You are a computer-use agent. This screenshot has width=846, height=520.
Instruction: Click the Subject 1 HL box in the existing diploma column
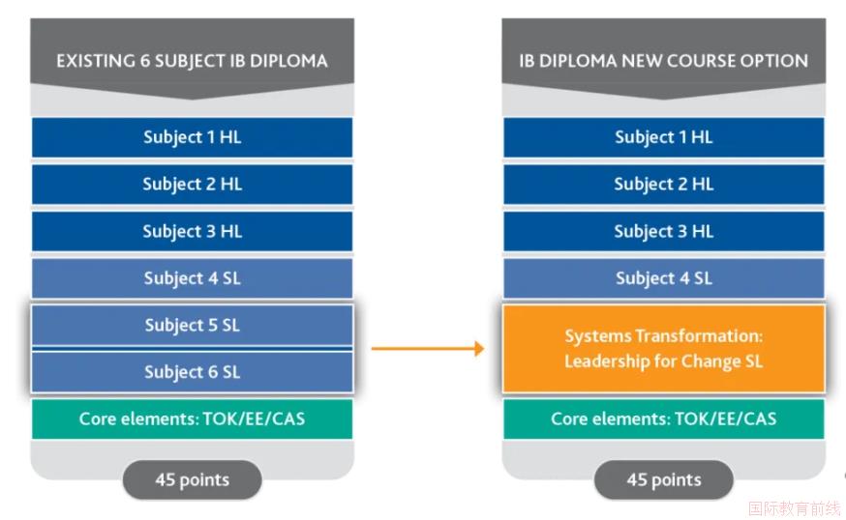pos(192,137)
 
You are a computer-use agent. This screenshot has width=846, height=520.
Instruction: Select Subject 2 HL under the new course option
pos(664,185)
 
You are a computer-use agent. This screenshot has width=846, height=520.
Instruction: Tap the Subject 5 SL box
pos(192,325)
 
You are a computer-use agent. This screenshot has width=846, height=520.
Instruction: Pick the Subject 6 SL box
pos(192,372)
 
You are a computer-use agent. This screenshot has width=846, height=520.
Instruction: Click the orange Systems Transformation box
pos(664,349)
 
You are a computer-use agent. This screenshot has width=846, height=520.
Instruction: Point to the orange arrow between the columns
pos(428,349)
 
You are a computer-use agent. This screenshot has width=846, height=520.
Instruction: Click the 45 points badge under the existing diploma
pos(192,479)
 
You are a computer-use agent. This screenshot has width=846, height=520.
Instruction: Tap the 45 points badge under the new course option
pos(664,479)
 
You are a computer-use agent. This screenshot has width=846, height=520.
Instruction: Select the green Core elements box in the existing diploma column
pos(192,419)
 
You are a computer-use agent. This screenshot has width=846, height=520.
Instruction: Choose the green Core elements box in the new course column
pos(664,419)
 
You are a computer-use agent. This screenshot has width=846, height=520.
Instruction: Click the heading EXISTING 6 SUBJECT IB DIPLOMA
pos(192,61)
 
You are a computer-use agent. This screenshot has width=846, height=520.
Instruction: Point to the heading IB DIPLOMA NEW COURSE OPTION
pos(664,61)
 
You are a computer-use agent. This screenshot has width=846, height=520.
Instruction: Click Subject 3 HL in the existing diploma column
pos(192,231)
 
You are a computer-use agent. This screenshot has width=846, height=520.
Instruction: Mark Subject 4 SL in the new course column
pos(664,278)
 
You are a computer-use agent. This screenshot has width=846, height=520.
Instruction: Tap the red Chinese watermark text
pos(794,508)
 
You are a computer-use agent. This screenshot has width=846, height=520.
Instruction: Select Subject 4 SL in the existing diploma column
pos(192,278)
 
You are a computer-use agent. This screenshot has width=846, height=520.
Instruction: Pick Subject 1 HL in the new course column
pos(664,137)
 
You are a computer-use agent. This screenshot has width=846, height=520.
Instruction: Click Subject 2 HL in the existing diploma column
pos(192,185)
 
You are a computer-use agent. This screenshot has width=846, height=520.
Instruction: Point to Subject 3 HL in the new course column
pos(664,231)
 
